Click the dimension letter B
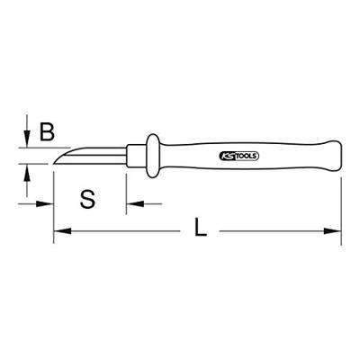(48, 132)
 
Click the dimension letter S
(87, 199)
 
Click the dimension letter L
(201, 227)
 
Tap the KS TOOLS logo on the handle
(239, 157)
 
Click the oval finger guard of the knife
(153, 156)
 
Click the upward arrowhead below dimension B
(27, 173)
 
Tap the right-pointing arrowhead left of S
(45, 204)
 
